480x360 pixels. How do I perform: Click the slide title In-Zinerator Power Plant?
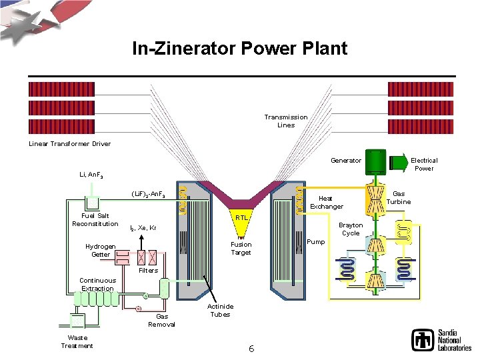[x=239, y=49]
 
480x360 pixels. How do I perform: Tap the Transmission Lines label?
[x=285, y=121]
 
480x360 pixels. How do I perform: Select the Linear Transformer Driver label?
[x=69, y=143]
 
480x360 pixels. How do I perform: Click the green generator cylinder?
[x=377, y=161]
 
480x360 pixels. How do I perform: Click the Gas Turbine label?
[x=399, y=197]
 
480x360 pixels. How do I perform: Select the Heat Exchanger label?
[x=326, y=202]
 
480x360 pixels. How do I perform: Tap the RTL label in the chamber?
[x=241, y=217]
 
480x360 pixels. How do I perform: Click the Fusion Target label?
[x=241, y=248]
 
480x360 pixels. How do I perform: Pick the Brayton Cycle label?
[x=351, y=229]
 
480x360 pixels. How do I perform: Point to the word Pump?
[x=316, y=241]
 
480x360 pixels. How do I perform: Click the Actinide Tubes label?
[x=220, y=309]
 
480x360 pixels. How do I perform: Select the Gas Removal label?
[x=161, y=320]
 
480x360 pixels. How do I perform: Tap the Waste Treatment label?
[x=77, y=341]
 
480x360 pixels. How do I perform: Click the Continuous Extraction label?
[x=97, y=284]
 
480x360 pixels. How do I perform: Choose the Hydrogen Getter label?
[x=101, y=250]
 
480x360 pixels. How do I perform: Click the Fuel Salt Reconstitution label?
[x=95, y=219]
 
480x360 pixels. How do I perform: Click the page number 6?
[x=251, y=348]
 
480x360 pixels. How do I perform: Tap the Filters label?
[x=148, y=270]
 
